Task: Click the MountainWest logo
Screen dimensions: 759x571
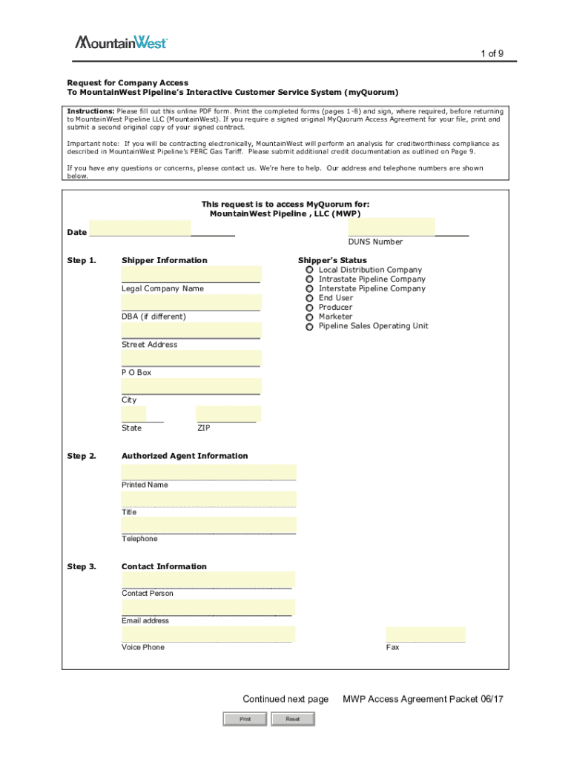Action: pyautogui.click(x=121, y=42)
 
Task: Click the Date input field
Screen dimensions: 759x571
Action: pyautogui.click(x=139, y=228)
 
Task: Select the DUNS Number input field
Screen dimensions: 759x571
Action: pyautogui.click(x=392, y=226)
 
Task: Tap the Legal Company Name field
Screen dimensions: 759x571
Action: pyautogui.click(x=191, y=274)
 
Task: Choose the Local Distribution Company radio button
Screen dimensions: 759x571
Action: pyautogui.click(x=309, y=271)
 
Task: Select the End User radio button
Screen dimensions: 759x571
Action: pyautogui.click(x=309, y=298)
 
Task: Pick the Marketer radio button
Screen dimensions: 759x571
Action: pyautogui.click(x=309, y=316)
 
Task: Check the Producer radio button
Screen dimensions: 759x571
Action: pyautogui.click(x=309, y=308)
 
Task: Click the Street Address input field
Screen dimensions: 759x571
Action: pyautogui.click(x=191, y=330)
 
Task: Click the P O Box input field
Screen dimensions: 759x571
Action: pyautogui.click(x=191, y=358)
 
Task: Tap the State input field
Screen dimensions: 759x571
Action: pyautogui.click(x=134, y=414)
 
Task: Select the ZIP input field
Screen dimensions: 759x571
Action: pyautogui.click(x=228, y=414)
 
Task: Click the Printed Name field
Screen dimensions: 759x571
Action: pyautogui.click(x=209, y=472)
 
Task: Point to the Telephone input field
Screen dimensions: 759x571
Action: pyautogui.click(x=209, y=526)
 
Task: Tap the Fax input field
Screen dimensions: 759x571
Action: pyautogui.click(x=426, y=634)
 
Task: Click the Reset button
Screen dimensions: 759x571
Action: pyautogui.click(x=292, y=719)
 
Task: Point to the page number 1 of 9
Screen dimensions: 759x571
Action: pyautogui.click(x=492, y=53)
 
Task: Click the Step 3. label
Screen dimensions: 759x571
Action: pyautogui.click(x=82, y=567)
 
